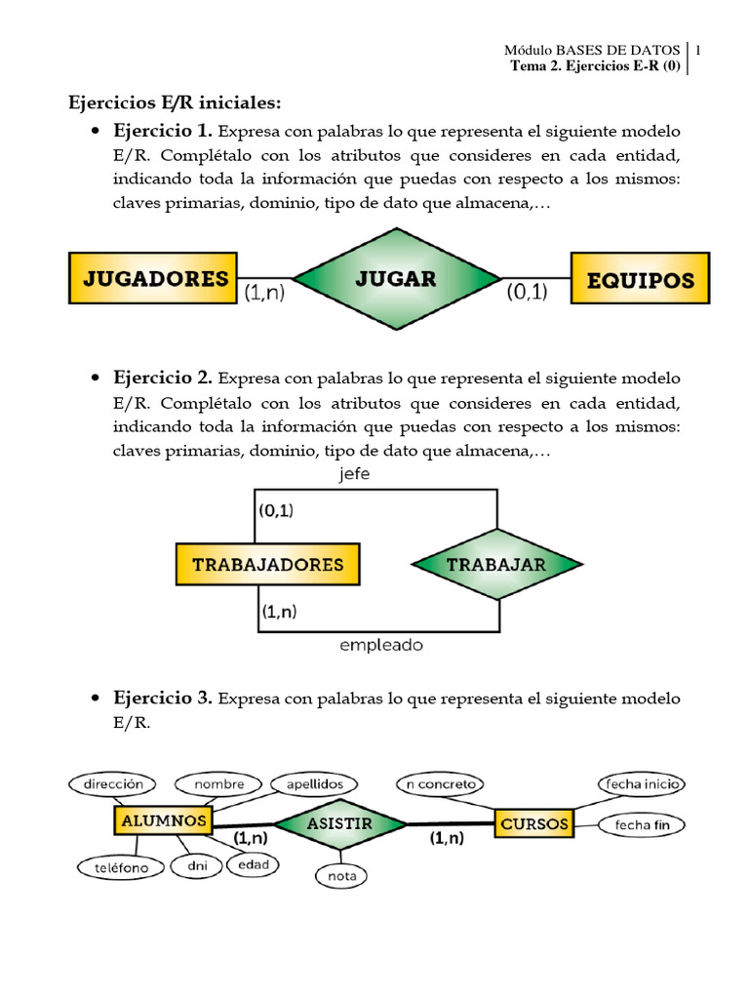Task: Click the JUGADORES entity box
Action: coord(153,278)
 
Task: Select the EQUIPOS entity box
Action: coord(640,279)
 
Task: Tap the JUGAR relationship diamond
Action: coord(395,278)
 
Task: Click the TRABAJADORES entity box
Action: coord(267,564)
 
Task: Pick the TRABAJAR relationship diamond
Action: coord(496,564)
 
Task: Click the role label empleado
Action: coord(381,645)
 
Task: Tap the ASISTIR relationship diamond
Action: coord(339,823)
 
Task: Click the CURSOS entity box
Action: coord(534,823)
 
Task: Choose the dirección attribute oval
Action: coord(113,783)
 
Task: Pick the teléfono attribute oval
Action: coord(115,866)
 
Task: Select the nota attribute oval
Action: coord(341,875)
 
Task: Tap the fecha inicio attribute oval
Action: coord(644,783)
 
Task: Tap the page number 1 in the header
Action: coord(698,49)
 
